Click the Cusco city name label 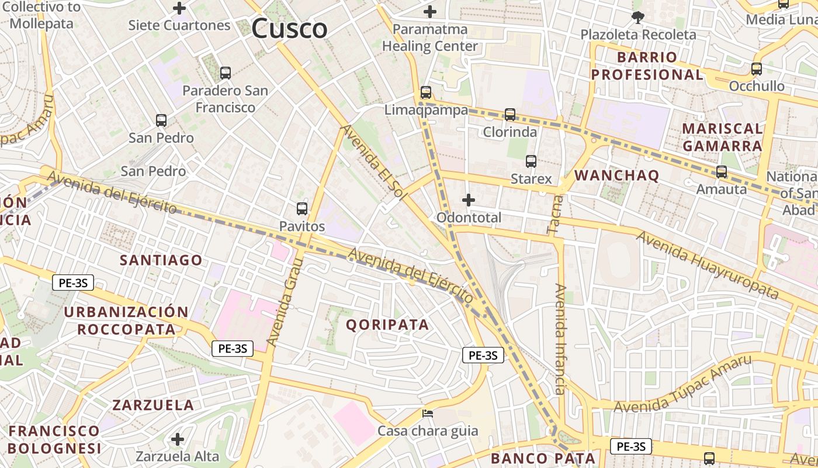(289, 28)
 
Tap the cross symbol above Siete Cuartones (179, 9)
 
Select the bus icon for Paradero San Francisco (226, 73)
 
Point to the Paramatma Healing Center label (430, 37)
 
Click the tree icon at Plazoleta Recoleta (638, 18)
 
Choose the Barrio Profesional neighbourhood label (647, 66)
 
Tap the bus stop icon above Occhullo (757, 69)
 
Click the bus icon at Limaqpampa (426, 92)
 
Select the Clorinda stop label (509, 132)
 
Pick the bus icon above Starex (531, 161)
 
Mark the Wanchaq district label (617, 175)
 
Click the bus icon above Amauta (722, 172)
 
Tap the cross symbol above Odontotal (469, 201)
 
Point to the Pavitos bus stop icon (302, 209)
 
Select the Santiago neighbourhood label (161, 260)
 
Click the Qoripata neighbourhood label (388, 325)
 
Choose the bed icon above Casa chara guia (428, 414)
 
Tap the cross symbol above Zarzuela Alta (178, 439)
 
